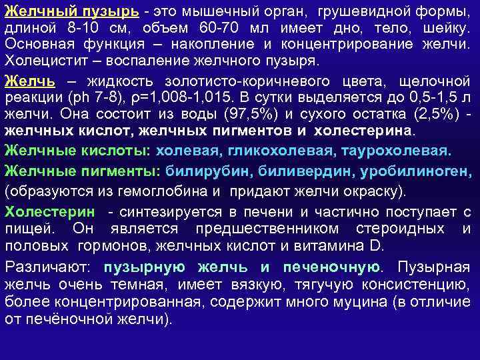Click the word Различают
(x=49, y=268)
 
